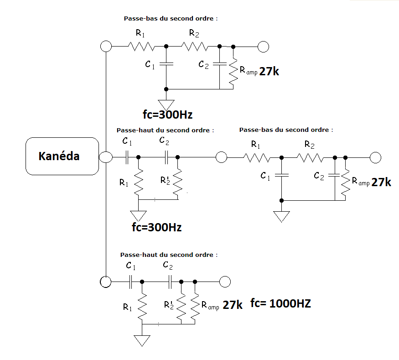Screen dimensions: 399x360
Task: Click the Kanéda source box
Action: coord(62,156)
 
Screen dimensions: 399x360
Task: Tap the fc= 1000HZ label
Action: coord(280,303)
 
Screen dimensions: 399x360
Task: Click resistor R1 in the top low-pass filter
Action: coord(141,47)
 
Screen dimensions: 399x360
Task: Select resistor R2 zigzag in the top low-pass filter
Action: coord(195,47)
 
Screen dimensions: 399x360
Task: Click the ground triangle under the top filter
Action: coord(166,104)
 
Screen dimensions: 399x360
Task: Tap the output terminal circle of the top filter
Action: coord(263,47)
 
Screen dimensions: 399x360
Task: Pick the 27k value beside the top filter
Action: coord(269,71)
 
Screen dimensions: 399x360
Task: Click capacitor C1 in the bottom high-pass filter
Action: coord(131,282)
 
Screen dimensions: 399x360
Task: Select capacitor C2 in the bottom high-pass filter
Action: coord(170,282)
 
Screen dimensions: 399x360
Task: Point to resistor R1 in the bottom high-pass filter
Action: coord(142,307)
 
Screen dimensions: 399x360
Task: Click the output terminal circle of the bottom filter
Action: coord(225,282)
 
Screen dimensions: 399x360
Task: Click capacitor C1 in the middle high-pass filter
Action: coord(127,157)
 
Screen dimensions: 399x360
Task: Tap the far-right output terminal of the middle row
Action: coord(375,157)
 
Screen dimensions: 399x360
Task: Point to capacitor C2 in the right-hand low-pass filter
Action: coord(335,175)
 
